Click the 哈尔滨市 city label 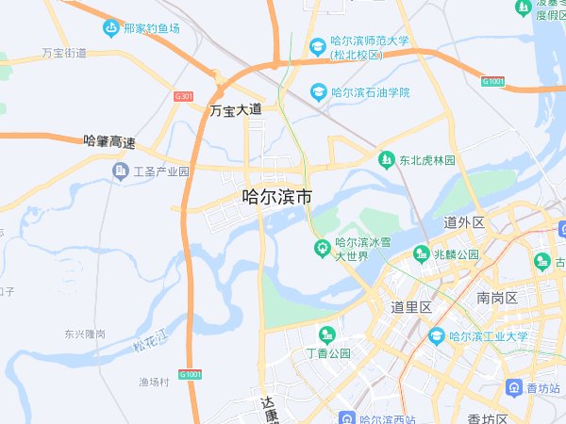pos(276,198)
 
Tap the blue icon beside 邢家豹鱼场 pos(111,28)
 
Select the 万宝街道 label pos(64,54)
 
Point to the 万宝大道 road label pos(235,110)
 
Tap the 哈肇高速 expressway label pos(109,142)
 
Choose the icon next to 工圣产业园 pos(120,171)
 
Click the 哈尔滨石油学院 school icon pos(318,92)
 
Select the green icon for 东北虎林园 pos(385,160)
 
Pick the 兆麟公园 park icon pos(420,253)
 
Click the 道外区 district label pos(463,222)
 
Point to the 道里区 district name pos(411,307)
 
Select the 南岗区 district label pos(497,298)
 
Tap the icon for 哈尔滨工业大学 pos(437,334)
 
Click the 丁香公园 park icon pos(327,334)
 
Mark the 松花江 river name pos(149,340)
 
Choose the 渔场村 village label pos(154,382)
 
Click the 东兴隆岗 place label pos(85,334)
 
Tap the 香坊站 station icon pos(514,387)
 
